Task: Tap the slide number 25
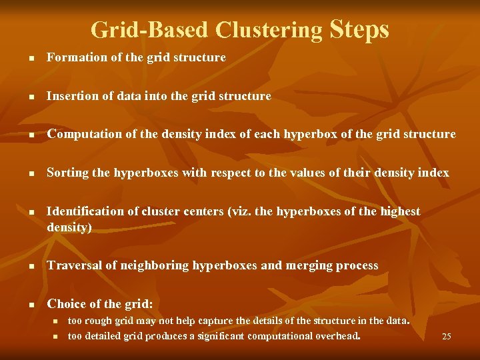click(x=446, y=337)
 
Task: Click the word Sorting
click(x=67, y=173)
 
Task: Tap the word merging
click(x=311, y=265)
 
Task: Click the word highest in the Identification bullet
click(x=399, y=211)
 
